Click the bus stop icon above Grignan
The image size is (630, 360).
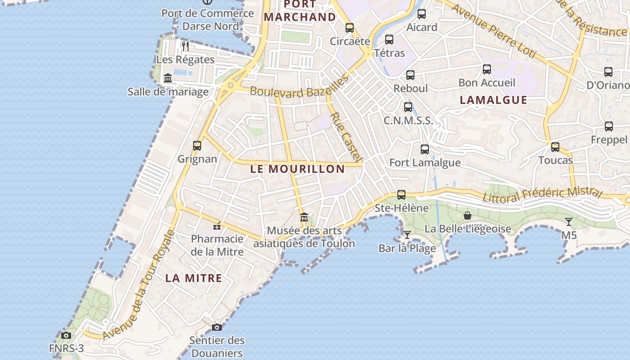pyautogui.click(x=197, y=146)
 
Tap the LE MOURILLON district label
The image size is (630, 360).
pyautogui.click(x=297, y=169)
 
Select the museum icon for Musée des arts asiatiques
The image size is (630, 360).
pyautogui.click(x=304, y=217)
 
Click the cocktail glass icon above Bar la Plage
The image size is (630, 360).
pyautogui.click(x=407, y=234)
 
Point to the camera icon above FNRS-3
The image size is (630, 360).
pyautogui.click(x=66, y=335)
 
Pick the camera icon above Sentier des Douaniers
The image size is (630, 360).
pyautogui.click(x=217, y=327)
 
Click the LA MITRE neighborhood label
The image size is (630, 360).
pyautogui.click(x=193, y=278)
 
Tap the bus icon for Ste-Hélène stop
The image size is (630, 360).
pyautogui.click(x=401, y=195)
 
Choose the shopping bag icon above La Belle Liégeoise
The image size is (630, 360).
pyautogui.click(x=468, y=216)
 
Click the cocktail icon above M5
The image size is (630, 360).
pyautogui.click(x=569, y=221)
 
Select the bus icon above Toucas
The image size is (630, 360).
pyautogui.click(x=555, y=147)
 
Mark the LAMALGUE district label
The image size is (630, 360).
pyautogui.click(x=493, y=100)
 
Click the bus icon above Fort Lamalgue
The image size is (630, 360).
pyautogui.click(x=425, y=149)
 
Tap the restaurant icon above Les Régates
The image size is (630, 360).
pyautogui.click(x=185, y=45)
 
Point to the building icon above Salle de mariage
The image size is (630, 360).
pyautogui.click(x=168, y=78)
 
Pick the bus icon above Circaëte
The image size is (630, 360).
pyautogui.click(x=350, y=28)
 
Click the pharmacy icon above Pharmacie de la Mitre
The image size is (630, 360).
pyautogui.click(x=217, y=225)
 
